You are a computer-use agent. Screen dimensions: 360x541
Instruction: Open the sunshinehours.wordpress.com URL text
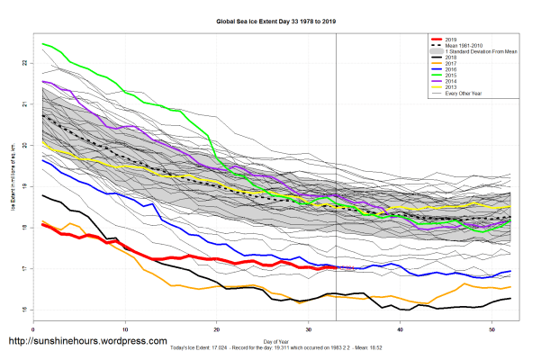pos(87,342)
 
